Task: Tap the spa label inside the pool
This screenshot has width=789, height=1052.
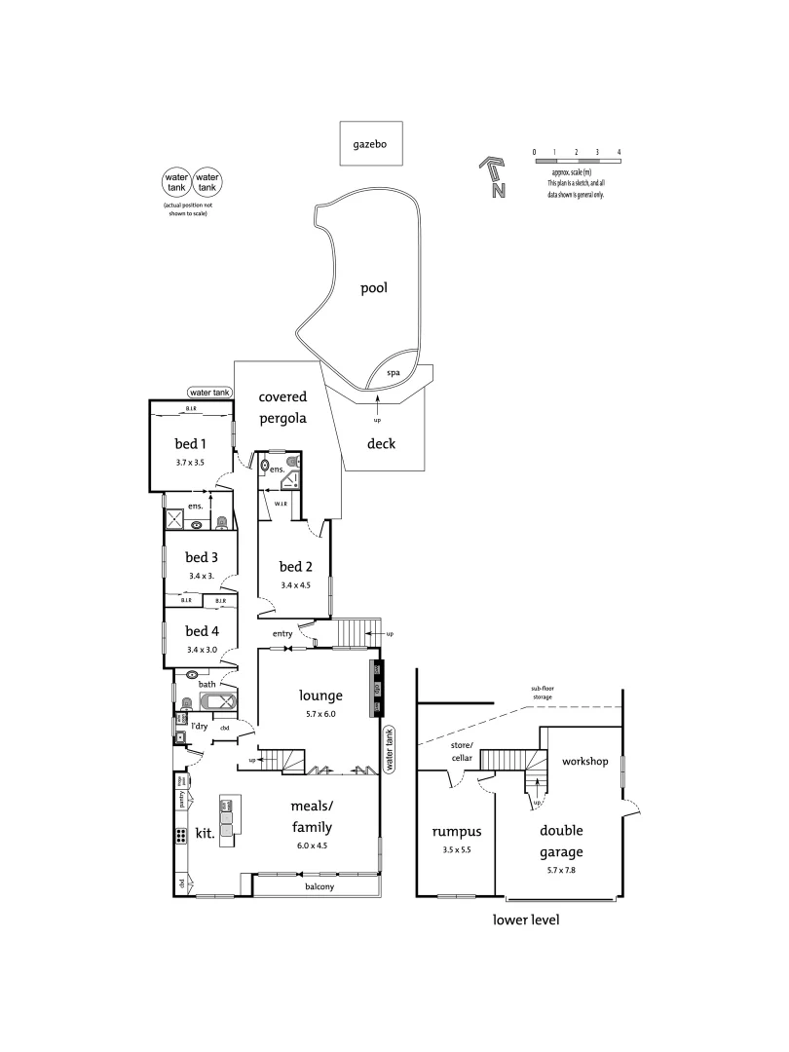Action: [x=394, y=373]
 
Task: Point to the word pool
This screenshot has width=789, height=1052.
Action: [x=374, y=288]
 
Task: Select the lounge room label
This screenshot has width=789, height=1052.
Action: [x=320, y=695]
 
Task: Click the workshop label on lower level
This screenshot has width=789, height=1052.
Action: [x=585, y=760]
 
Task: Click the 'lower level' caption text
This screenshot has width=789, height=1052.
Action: [x=526, y=920]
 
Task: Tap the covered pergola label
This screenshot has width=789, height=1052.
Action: [x=282, y=407]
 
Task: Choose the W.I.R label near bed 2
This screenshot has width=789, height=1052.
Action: [x=280, y=504]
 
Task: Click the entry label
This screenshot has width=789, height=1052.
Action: [x=282, y=634]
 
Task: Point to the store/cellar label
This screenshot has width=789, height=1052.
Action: [x=461, y=752]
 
